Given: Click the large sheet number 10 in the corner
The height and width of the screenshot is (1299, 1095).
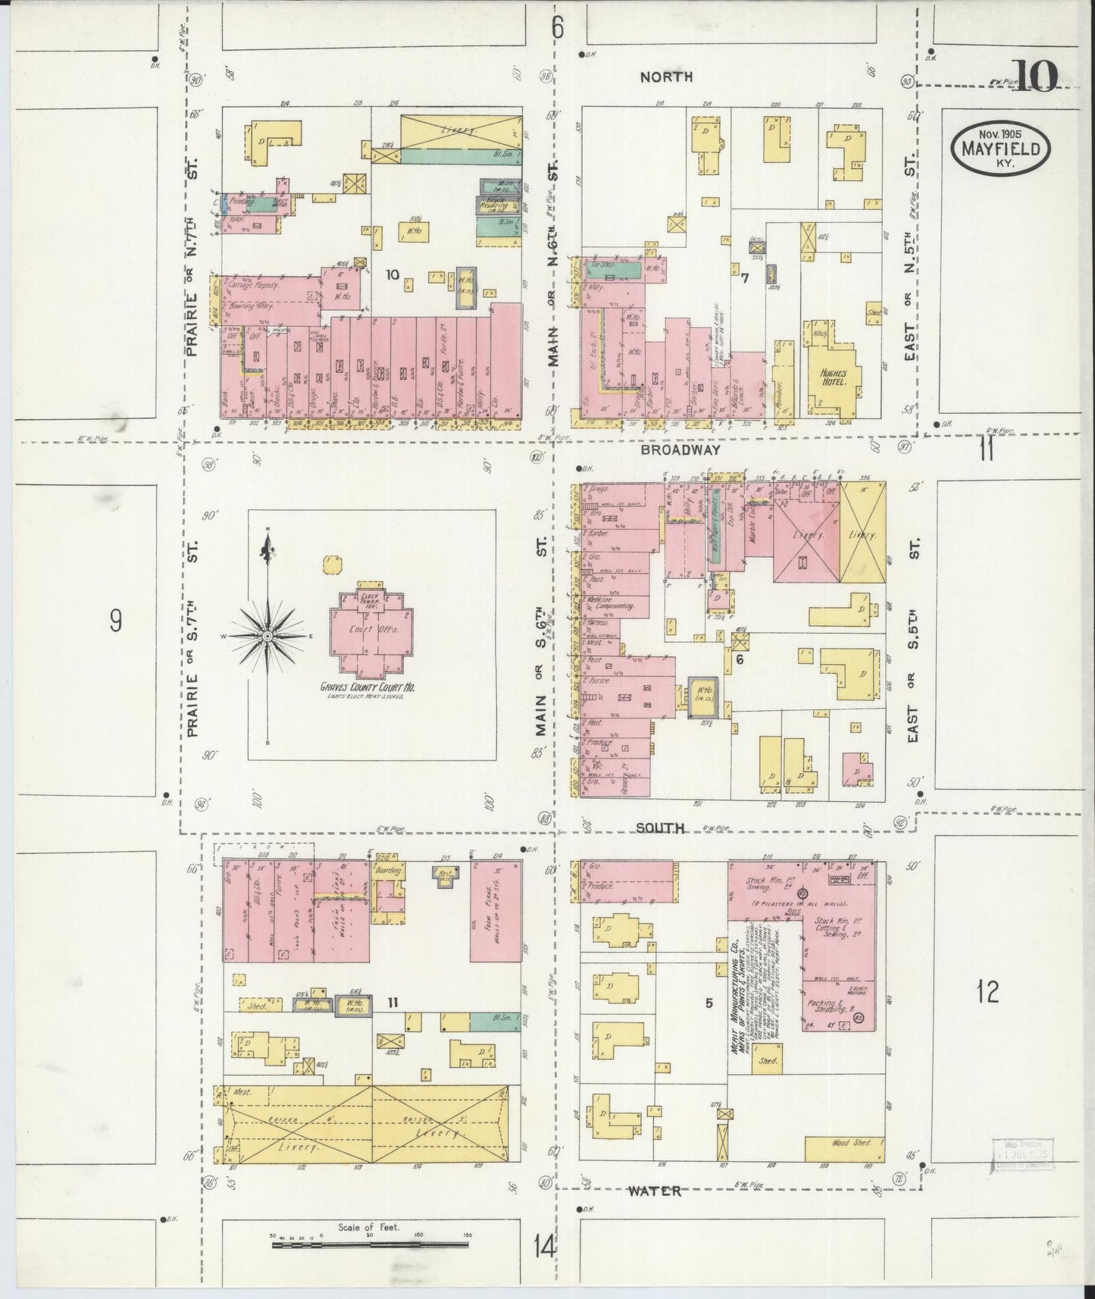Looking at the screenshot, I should [1033, 75].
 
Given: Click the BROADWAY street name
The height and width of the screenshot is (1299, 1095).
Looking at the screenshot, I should [679, 449].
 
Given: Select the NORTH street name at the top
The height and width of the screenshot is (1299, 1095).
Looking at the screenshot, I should [666, 77].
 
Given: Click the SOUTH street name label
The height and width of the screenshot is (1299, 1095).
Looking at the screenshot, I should [659, 828].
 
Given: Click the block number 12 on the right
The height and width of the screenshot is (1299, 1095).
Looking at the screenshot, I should [988, 991].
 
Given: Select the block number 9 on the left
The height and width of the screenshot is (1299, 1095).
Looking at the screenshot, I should [115, 621].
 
